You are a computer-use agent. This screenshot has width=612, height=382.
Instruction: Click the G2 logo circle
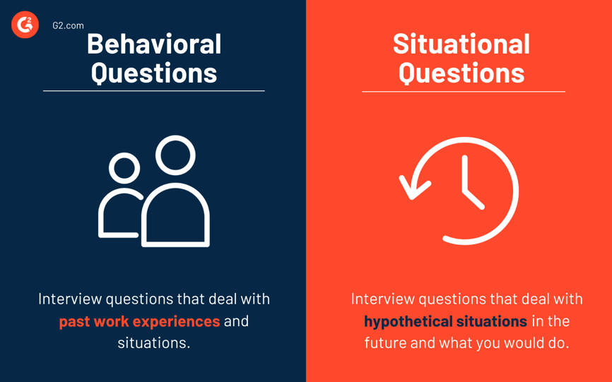tap(25, 25)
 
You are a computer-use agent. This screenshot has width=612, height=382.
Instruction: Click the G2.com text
tap(68, 25)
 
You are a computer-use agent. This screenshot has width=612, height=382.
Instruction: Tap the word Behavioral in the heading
tap(154, 44)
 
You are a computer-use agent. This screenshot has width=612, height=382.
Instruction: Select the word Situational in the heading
tap(461, 44)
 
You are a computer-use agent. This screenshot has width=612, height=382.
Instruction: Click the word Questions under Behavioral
tap(154, 73)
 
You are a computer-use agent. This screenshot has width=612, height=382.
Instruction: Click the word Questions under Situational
tap(461, 73)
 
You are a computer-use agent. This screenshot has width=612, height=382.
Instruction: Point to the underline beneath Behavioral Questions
tap(154, 91)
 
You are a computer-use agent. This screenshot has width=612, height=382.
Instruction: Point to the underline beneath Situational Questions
tap(463, 92)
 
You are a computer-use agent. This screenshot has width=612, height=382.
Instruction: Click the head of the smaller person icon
tap(125, 169)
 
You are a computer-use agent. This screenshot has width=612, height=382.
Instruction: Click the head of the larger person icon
tap(175, 155)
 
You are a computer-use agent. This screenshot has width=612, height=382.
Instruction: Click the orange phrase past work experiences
tap(139, 321)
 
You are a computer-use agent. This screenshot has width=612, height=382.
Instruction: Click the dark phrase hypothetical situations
tap(445, 321)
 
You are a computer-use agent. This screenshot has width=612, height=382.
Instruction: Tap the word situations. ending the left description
tap(154, 343)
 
